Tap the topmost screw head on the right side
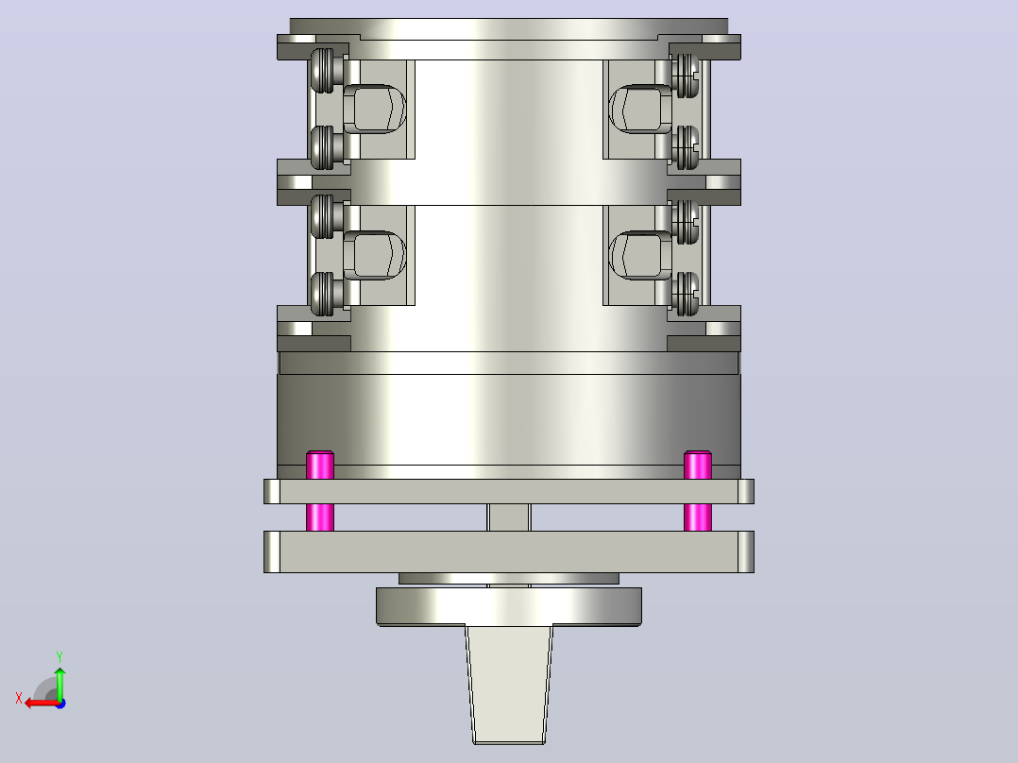coord(686,76)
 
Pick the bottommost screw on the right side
coord(686,295)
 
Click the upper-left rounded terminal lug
coord(375,110)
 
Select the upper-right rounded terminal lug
coord(641,110)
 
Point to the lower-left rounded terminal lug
coord(375,255)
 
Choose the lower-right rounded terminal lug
coord(641,255)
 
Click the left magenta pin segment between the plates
coord(320,517)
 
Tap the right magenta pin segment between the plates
coord(698,517)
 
